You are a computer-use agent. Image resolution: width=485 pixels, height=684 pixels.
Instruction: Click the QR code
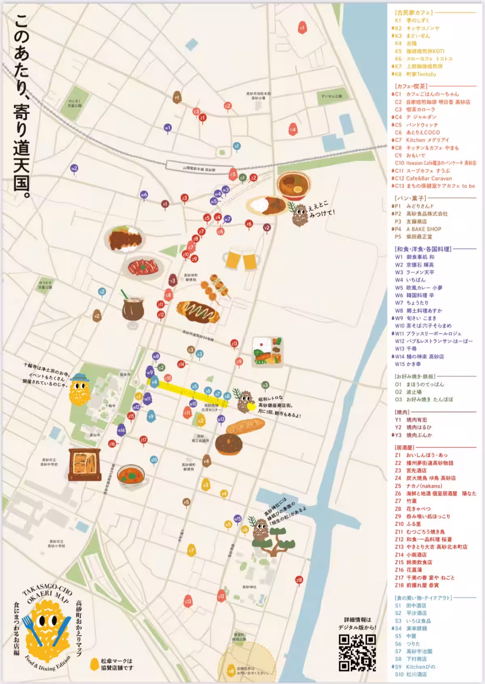tap(357, 653)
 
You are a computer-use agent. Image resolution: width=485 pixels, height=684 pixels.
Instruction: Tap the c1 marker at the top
tap(302, 27)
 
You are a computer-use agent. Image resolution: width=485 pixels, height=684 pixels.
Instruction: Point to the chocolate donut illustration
tap(229, 444)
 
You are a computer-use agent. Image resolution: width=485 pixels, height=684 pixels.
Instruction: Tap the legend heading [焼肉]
tap(402, 412)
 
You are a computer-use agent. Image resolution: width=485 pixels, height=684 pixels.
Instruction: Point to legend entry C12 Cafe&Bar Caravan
tap(423, 178)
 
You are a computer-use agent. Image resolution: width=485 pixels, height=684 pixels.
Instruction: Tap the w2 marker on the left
tap(74, 169)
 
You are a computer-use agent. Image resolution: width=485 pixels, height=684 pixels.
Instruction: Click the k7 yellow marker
tap(191, 551)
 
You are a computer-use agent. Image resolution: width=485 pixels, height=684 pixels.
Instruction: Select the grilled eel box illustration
tap(84, 463)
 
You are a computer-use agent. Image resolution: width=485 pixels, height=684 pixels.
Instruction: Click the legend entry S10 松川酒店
tap(411, 674)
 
